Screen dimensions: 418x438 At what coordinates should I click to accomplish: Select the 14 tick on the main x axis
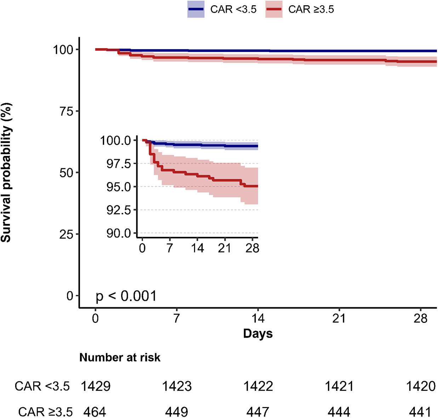(x=258, y=318)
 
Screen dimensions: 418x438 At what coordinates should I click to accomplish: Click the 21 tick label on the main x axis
(x=339, y=318)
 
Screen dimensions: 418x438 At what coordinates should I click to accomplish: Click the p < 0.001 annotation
(x=126, y=296)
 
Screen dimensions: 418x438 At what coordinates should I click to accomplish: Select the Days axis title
(x=258, y=333)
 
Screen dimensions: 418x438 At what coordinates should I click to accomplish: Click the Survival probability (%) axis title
(x=6, y=173)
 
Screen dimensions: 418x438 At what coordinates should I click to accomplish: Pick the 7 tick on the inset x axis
(x=170, y=248)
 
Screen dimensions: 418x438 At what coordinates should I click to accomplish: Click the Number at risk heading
(x=120, y=358)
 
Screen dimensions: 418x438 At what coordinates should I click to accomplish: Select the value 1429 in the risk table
(x=96, y=386)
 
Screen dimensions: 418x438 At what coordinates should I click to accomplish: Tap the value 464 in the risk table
(x=95, y=412)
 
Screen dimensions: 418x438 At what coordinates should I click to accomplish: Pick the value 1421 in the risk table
(x=339, y=386)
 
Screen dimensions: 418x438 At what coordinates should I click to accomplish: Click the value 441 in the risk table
(x=420, y=412)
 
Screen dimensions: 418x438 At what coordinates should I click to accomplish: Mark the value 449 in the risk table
(x=177, y=412)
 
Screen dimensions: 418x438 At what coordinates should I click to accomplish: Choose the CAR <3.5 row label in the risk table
(x=42, y=386)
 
